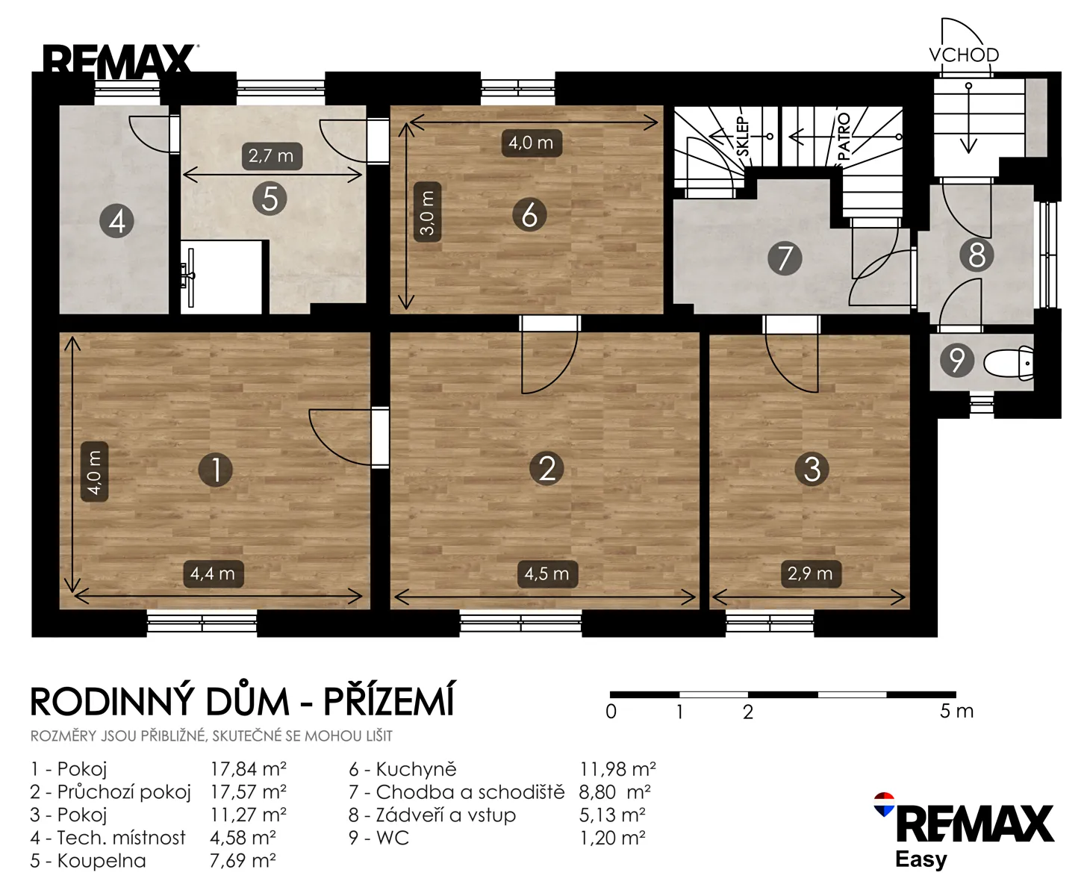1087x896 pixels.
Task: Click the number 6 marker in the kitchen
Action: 529,214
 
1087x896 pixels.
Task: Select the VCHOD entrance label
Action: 964,55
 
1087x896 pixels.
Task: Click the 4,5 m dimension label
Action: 547,573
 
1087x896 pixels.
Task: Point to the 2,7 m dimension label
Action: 272,155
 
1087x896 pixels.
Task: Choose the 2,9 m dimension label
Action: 811,573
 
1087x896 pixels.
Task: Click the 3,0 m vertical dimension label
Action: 427,212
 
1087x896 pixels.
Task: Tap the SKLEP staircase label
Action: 744,137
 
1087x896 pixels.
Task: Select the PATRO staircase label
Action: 844,137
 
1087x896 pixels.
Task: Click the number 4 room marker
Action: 116,221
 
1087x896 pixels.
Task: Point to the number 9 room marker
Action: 957,360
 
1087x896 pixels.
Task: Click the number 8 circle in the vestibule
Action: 976,255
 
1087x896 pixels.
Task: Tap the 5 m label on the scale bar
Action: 956,711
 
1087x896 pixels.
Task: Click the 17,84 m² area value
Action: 249,768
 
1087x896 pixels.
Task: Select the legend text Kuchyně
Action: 416,769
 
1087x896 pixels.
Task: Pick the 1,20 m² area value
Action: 612,838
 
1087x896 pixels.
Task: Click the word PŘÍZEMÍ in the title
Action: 389,700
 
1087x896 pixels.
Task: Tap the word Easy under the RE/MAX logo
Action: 921,860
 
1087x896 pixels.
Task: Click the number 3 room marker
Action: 812,469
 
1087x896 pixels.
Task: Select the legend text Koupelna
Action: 102,861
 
